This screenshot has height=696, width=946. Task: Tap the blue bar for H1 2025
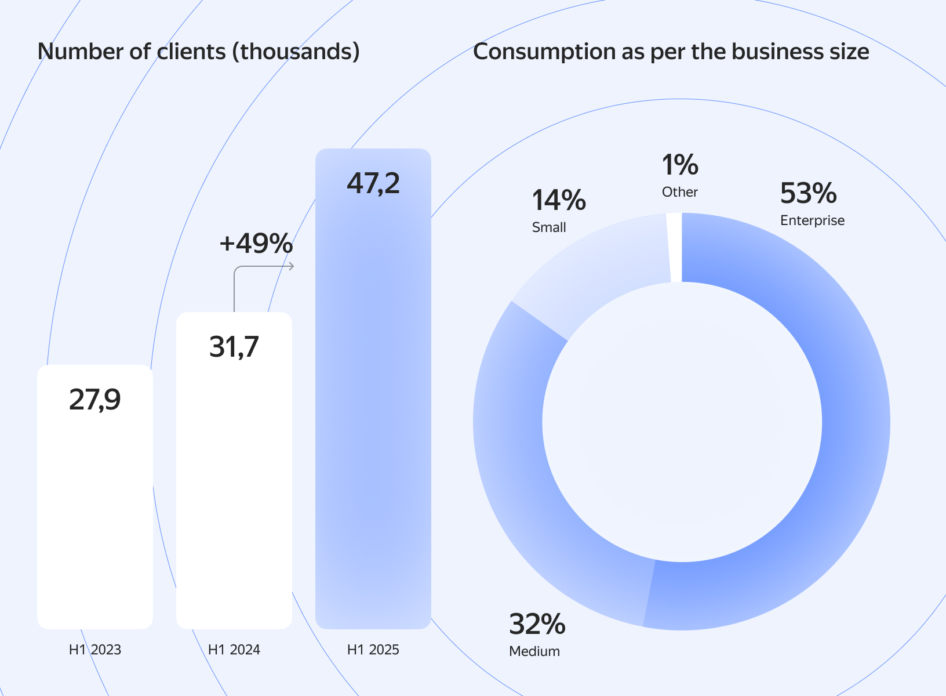[x=373, y=406]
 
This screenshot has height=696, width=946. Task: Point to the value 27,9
[x=95, y=400]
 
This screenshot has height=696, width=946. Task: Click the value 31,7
[x=234, y=347]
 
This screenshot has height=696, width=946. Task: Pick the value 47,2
[x=373, y=183]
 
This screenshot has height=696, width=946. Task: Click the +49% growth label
[x=256, y=244]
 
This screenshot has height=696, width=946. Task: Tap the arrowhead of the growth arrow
[x=292, y=266]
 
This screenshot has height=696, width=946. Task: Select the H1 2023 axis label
[x=95, y=650]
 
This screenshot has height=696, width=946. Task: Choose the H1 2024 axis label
[x=234, y=650]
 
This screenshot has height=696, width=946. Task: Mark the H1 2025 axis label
[x=373, y=650]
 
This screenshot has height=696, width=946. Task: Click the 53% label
[x=808, y=193]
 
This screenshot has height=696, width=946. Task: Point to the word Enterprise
[x=812, y=220]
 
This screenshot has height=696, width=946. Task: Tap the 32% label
[x=537, y=624]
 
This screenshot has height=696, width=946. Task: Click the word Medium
[x=534, y=651]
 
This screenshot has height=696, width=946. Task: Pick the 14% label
[x=559, y=200]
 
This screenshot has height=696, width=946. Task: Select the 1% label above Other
[x=680, y=165]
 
